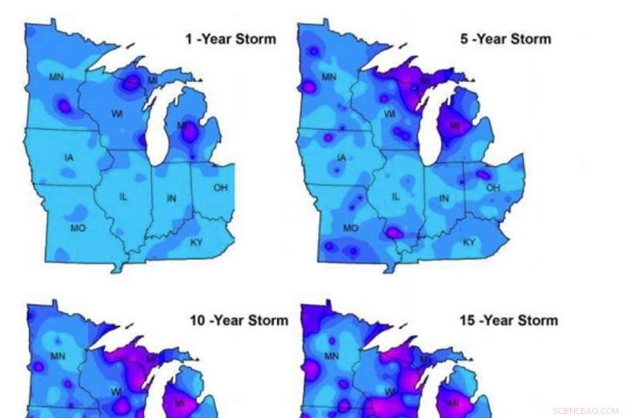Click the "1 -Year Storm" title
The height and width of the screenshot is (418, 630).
point(230,39)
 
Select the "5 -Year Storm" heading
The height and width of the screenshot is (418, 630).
point(506,39)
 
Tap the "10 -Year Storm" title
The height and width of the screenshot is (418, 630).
point(239,320)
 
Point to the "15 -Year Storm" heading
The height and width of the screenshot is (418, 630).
point(508,320)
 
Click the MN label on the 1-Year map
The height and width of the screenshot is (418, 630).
point(56,77)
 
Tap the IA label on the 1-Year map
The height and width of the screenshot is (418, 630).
point(69,158)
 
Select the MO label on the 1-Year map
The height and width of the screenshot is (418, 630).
point(77,228)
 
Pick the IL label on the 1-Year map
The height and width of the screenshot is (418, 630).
point(123,196)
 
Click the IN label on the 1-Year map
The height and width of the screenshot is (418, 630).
point(171,198)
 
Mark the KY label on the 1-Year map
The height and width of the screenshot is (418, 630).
point(196,242)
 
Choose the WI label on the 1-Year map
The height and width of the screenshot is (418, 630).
point(117,114)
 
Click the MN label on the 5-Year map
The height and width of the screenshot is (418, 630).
point(329,77)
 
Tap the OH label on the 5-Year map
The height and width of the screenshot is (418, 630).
point(493,188)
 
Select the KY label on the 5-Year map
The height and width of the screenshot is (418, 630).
point(469,242)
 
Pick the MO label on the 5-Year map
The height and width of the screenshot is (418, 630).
point(350,228)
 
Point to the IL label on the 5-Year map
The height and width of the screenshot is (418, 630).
point(396,196)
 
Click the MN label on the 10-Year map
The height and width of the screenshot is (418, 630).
point(57,356)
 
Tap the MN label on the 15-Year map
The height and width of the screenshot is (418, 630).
point(331,356)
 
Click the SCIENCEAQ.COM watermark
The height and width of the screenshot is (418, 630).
point(585,410)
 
